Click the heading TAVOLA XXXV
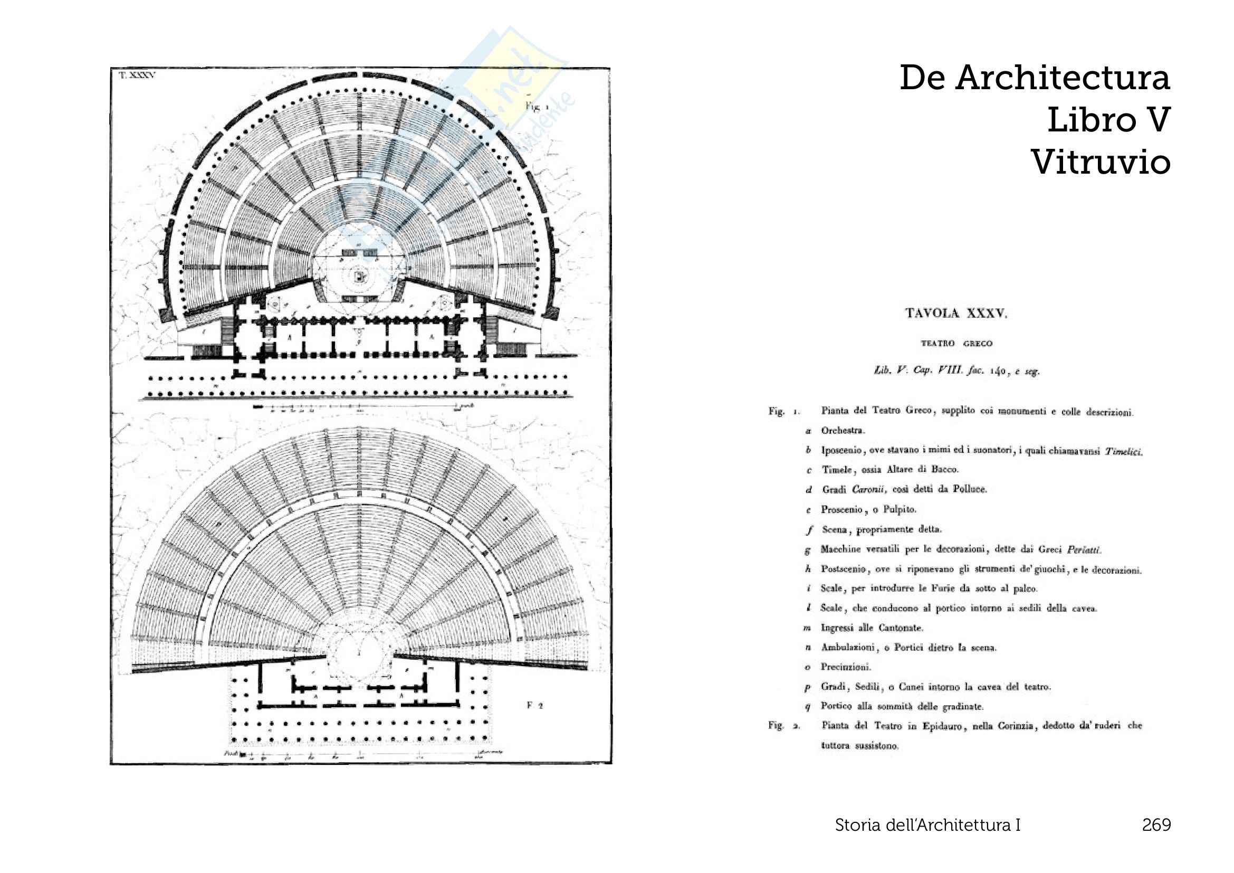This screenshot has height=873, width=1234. click(956, 314)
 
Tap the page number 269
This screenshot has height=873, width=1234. click(1156, 824)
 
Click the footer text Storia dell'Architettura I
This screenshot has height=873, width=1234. click(927, 824)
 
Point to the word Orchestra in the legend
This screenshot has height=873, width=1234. click(842, 431)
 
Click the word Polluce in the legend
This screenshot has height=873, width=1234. click(970, 489)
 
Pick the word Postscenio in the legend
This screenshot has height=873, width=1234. click(843, 569)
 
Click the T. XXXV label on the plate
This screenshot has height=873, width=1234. click(137, 76)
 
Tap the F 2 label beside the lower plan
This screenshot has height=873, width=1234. click(535, 705)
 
